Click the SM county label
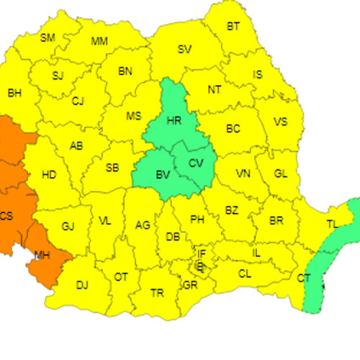tap(48, 38)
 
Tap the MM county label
tap(99, 41)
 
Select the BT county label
tap(233, 27)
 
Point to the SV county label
tap(185, 50)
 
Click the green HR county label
tap(174, 121)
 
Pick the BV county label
tap(163, 175)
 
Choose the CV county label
tap(196, 163)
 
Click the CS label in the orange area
tap(6, 216)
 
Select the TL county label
tap(332, 225)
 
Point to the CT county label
tap(304, 278)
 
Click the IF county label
tap(202, 254)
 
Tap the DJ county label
tap(82, 286)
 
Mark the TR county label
tap(157, 293)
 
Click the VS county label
tap(281, 122)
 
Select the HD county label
tap(49, 174)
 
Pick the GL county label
tap(281, 174)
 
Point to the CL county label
tap(245, 274)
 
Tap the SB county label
tap(112, 168)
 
